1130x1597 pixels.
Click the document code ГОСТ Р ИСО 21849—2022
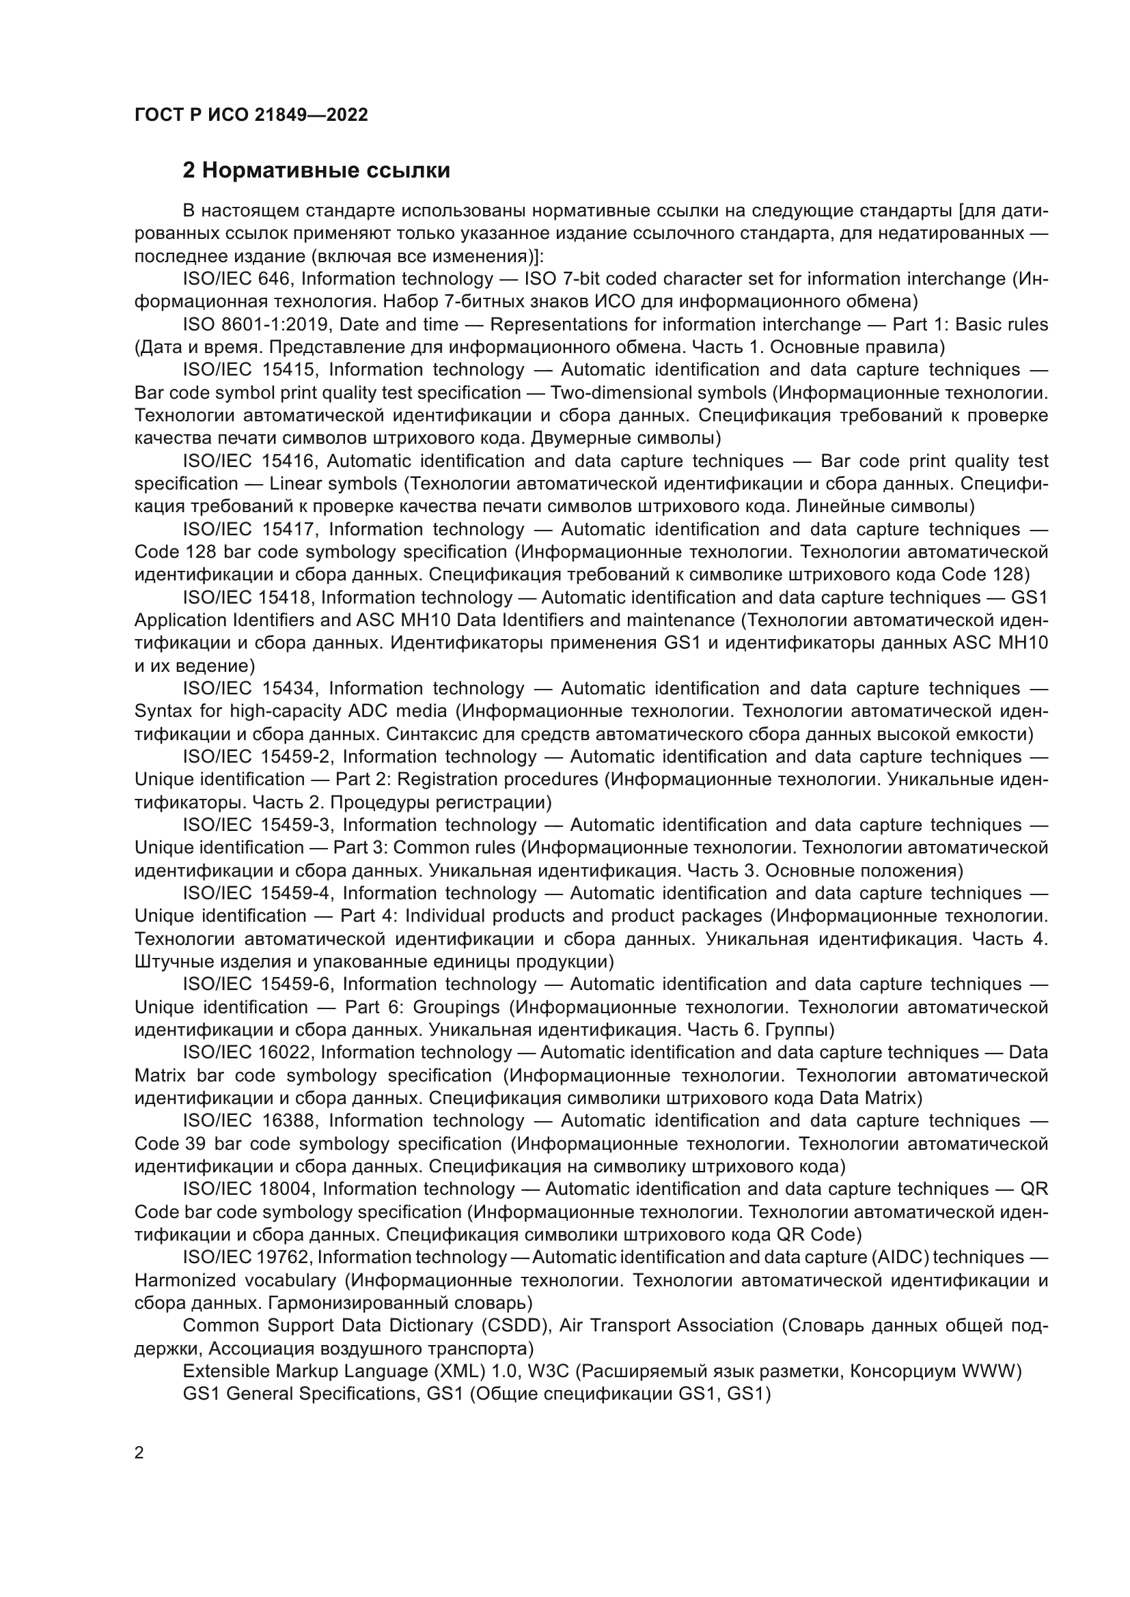click(x=251, y=115)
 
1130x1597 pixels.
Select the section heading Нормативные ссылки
click(x=316, y=170)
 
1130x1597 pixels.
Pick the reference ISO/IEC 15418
click(x=247, y=597)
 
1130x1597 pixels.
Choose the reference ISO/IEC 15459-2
click(x=258, y=757)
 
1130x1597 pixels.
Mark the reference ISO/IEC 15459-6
click(x=258, y=985)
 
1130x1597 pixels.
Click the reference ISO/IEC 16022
click(x=247, y=1052)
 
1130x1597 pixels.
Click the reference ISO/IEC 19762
click(x=245, y=1257)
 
